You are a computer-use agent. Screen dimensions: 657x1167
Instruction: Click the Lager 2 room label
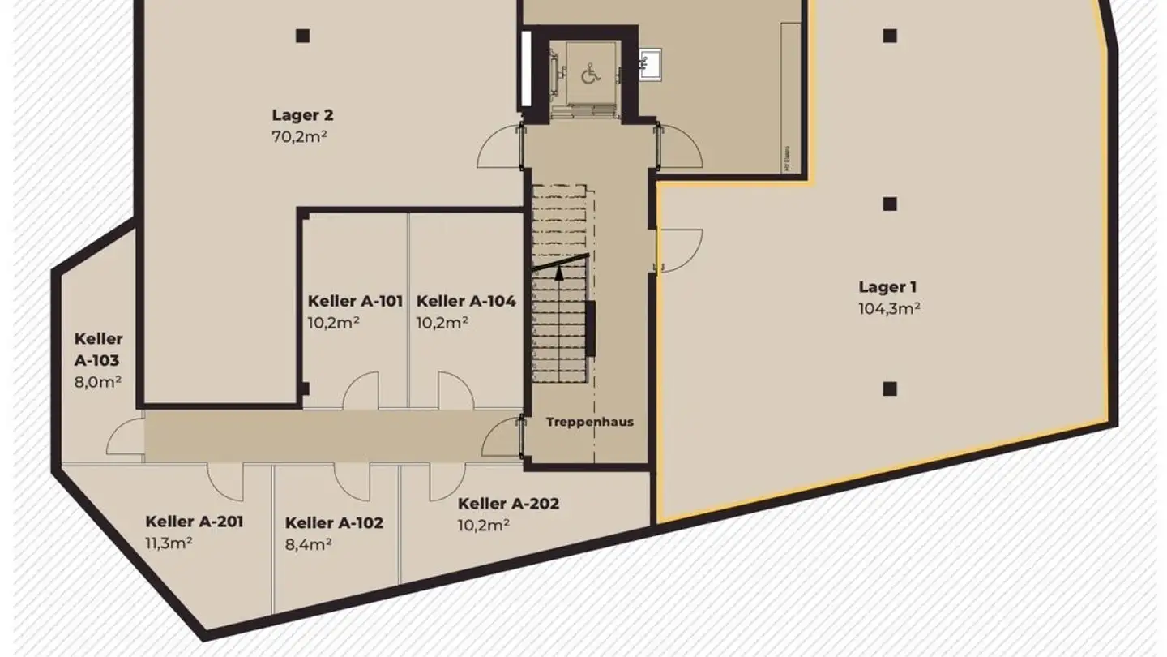302,115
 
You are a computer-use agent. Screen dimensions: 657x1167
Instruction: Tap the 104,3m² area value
888,308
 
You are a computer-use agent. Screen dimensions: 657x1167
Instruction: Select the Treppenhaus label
589,422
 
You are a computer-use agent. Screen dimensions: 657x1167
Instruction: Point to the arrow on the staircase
559,273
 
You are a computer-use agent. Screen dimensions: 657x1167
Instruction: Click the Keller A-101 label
355,301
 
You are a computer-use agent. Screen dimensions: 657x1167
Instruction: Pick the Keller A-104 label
466,301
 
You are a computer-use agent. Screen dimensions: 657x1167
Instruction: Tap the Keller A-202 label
508,504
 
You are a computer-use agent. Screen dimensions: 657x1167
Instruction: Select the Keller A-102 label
334,523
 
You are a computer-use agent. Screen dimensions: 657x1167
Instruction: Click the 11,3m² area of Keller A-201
169,543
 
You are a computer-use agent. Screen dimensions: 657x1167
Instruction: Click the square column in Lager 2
302,36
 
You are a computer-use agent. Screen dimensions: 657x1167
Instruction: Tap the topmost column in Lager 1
889,36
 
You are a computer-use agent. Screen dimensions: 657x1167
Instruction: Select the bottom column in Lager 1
889,389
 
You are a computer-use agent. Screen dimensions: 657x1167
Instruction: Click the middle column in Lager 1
889,204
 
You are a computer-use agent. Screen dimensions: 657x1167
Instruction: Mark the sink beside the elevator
649,60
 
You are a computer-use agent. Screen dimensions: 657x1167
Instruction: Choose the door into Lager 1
679,248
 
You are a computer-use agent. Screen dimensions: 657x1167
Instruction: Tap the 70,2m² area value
299,136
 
